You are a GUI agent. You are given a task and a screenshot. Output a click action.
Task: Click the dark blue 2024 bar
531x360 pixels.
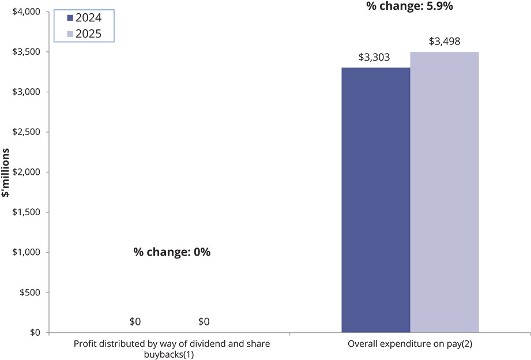[x=376, y=200]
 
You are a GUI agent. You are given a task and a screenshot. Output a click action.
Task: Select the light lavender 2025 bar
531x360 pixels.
[x=445, y=192]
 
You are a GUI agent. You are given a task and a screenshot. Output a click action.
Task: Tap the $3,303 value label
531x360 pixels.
[x=374, y=57]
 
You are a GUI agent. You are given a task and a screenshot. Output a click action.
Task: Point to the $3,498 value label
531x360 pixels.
[x=445, y=42]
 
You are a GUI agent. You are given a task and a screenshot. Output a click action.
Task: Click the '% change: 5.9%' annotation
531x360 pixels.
[x=410, y=6]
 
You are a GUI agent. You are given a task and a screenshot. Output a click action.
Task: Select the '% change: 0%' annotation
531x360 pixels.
[x=172, y=252]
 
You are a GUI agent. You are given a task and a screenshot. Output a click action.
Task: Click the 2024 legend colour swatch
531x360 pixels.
[x=70, y=18]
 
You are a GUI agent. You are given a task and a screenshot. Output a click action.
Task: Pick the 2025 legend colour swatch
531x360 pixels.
[x=70, y=34]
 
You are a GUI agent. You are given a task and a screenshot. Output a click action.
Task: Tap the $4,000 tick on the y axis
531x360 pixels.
[x=26, y=12]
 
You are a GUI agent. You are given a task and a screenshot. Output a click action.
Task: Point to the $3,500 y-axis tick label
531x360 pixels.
[x=26, y=52]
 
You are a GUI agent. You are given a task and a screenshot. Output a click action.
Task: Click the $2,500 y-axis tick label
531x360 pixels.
[x=26, y=132]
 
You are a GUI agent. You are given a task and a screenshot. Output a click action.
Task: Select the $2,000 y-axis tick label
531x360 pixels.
[x=26, y=172]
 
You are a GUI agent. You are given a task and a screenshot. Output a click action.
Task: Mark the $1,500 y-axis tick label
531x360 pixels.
[x=26, y=212]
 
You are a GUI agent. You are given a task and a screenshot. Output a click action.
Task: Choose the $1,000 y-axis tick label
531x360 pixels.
[x=26, y=252]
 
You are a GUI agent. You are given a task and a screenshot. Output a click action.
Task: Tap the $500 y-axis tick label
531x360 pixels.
[x=30, y=292]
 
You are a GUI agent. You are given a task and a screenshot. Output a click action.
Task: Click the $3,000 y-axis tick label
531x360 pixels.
[x=26, y=92]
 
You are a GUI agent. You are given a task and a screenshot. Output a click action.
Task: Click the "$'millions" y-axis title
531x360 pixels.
[x=5, y=173]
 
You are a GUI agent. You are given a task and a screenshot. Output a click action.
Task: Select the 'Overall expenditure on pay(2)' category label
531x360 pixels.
[x=410, y=344]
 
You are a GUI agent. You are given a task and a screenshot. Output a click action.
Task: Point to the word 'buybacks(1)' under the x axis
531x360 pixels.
[x=169, y=355]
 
